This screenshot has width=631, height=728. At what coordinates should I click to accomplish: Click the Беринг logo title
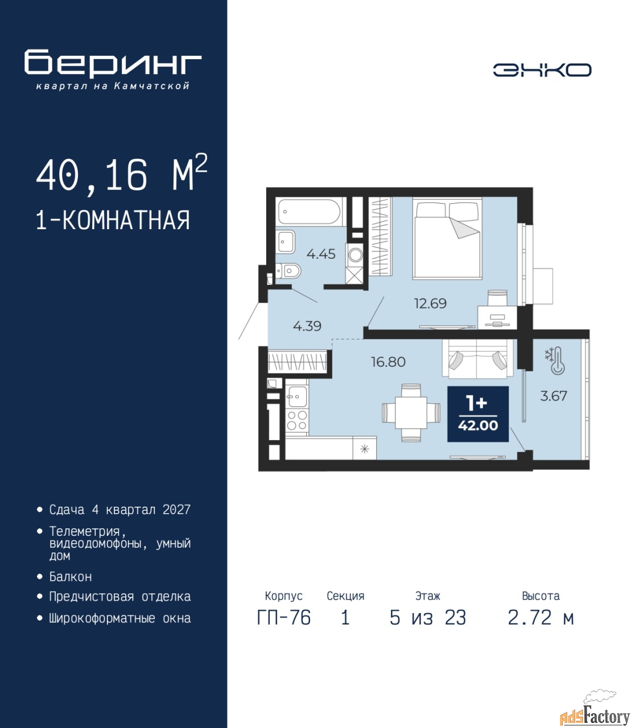pos(113,63)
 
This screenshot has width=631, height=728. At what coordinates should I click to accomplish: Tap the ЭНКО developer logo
pos(542,70)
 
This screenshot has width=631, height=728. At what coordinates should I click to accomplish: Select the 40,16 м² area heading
pos(121,173)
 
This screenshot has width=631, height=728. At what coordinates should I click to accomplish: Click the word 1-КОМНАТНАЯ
pos(113,220)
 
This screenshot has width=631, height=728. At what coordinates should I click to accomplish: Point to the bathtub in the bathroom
pos(308,212)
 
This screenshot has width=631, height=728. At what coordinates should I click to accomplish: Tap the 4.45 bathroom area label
pos(320,254)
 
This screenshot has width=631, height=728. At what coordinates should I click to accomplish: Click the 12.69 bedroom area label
pos(430,303)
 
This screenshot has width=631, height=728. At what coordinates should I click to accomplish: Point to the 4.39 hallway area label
pos(307,326)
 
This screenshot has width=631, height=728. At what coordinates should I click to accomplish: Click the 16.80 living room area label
pos(388,362)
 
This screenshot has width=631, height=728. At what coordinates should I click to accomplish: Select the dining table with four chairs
pos(411,412)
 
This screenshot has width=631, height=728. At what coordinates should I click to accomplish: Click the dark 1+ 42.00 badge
pos(478,414)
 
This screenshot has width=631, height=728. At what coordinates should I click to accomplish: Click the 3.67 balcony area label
pos(554,396)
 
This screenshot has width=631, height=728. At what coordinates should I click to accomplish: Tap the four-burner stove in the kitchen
pos(297,420)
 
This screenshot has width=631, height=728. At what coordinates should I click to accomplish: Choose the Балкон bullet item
pos(71,577)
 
